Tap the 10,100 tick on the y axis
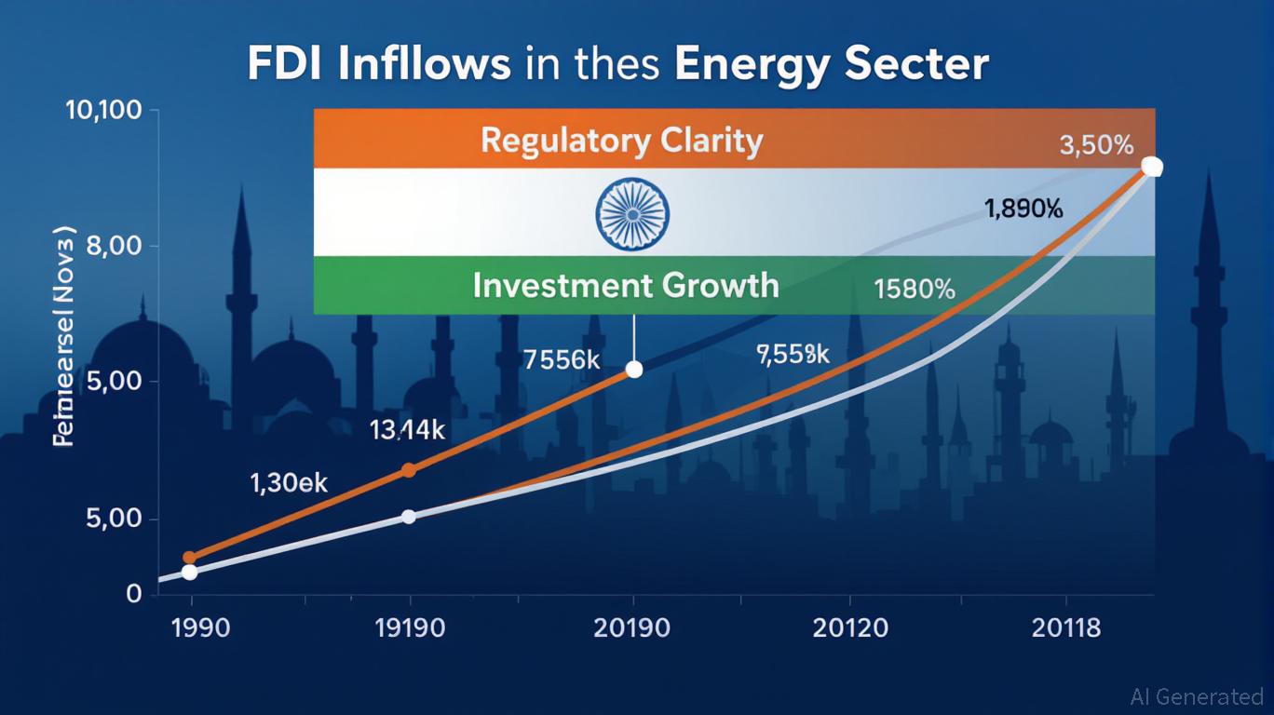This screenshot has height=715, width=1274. pos(103,112)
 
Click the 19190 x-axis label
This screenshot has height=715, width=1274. pos(410,627)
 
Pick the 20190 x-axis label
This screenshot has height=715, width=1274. pos(631,627)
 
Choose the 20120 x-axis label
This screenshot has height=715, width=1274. pos(850,627)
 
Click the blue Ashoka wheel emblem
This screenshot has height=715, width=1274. pos(632,213)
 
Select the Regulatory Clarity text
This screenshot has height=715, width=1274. pos(621,141)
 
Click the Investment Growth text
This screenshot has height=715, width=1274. pos(625,284)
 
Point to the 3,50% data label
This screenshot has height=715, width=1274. pos(1096,146)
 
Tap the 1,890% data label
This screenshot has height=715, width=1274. pos(1023,209)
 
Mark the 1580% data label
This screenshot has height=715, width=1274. pos(915,289)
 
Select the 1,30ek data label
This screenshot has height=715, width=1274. pos(289,483)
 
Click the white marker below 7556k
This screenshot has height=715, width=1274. pos(634,370)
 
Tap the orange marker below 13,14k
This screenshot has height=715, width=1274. pos(408,470)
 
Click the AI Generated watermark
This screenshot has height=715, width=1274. pos(1197,696)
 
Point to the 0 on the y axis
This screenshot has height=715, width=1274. pos(133,594)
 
